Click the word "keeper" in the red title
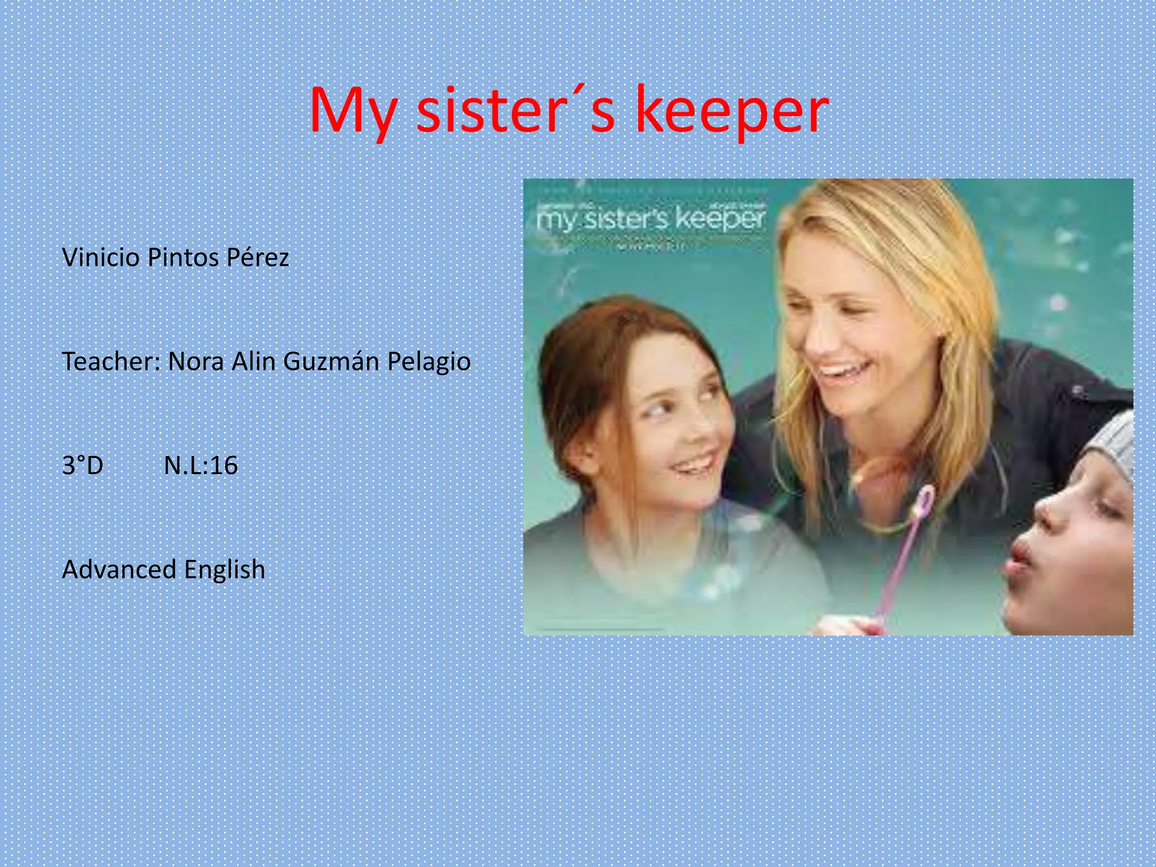coord(732,110)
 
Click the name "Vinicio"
coord(101,257)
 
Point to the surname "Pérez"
coord(257,257)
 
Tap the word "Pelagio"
coord(429,361)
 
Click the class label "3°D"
coord(82,466)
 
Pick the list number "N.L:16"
coord(201,466)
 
